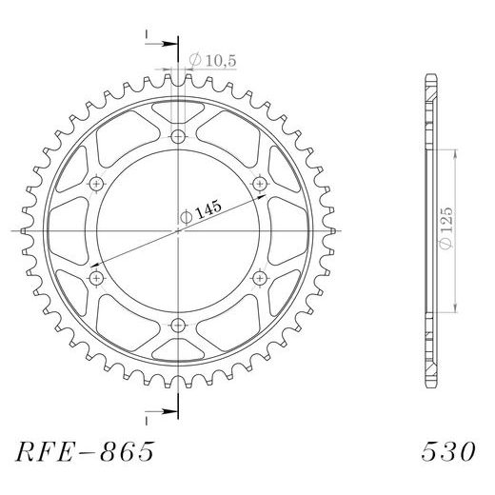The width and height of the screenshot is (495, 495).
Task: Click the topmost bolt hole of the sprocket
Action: coord(178,138)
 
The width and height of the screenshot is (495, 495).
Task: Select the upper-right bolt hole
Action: coord(259,184)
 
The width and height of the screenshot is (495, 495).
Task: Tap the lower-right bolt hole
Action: coord(259,277)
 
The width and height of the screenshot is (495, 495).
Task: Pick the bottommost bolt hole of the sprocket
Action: coord(178,324)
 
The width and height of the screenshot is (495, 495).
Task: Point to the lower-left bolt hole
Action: coord(97,277)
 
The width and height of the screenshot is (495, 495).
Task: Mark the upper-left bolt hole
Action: coord(97,184)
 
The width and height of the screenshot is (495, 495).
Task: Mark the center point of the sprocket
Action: coord(178,230)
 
